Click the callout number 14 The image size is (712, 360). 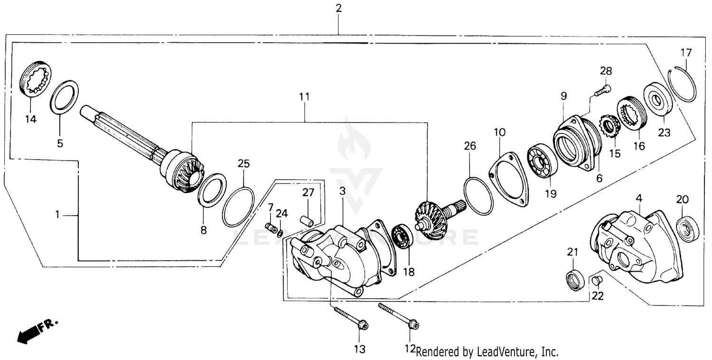tap(30, 119)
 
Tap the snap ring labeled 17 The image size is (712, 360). tap(684, 85)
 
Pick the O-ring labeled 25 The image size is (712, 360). tap(238, 207)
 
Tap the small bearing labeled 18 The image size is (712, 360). tap(403, 237)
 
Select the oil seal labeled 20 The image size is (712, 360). tap(686, 228)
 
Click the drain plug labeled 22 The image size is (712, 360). tap(597, 281)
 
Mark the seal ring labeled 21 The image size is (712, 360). tap(575, 280)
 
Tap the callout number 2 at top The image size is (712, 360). tap(338, 8)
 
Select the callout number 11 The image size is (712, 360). tap(304, 96)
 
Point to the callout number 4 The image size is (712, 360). tap(639, 197)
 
